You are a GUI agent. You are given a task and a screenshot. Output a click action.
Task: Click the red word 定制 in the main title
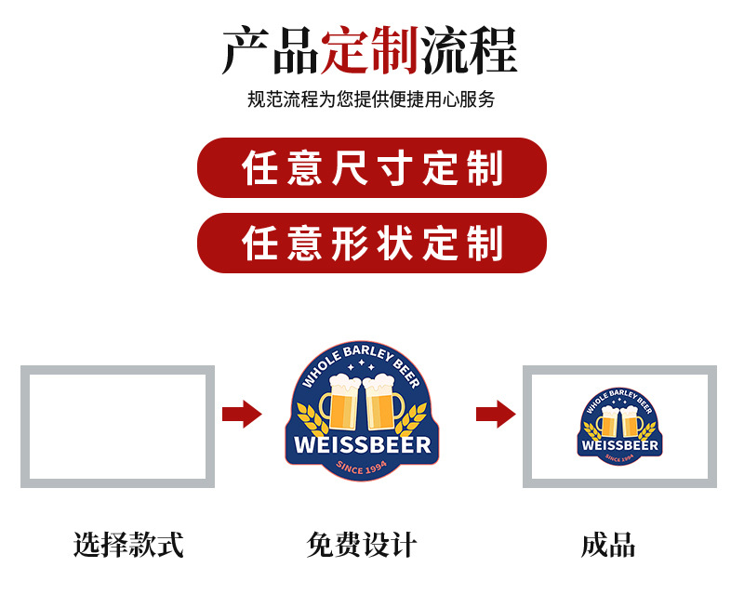click(x=371, y=51)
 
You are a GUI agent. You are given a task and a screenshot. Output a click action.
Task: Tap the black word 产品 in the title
click(x=271, y=51)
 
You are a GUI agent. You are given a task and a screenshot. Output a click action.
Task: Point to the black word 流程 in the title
click(x=470, y=51)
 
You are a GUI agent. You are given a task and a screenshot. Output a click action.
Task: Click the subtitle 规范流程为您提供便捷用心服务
click(x=371, y=99)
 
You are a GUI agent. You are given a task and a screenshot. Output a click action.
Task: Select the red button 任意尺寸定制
click(x=371, y=168)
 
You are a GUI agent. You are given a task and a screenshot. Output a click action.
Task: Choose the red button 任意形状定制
click(x=371, y=243)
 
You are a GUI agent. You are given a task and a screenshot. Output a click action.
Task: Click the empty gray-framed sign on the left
click(x=117, y=427)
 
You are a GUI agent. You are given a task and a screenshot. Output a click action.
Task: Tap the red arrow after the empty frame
click(x=242, y=414)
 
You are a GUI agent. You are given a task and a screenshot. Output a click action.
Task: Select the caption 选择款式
click(x=128, y=545)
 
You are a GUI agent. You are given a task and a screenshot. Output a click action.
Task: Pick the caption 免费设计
click(x=362, y=545)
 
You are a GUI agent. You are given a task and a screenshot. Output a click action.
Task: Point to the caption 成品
click(x=608, y=545)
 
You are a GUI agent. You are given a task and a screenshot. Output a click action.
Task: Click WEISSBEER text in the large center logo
click(x=363, y=443)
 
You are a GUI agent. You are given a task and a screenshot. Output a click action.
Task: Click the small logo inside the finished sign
click(x=619, y=427)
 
